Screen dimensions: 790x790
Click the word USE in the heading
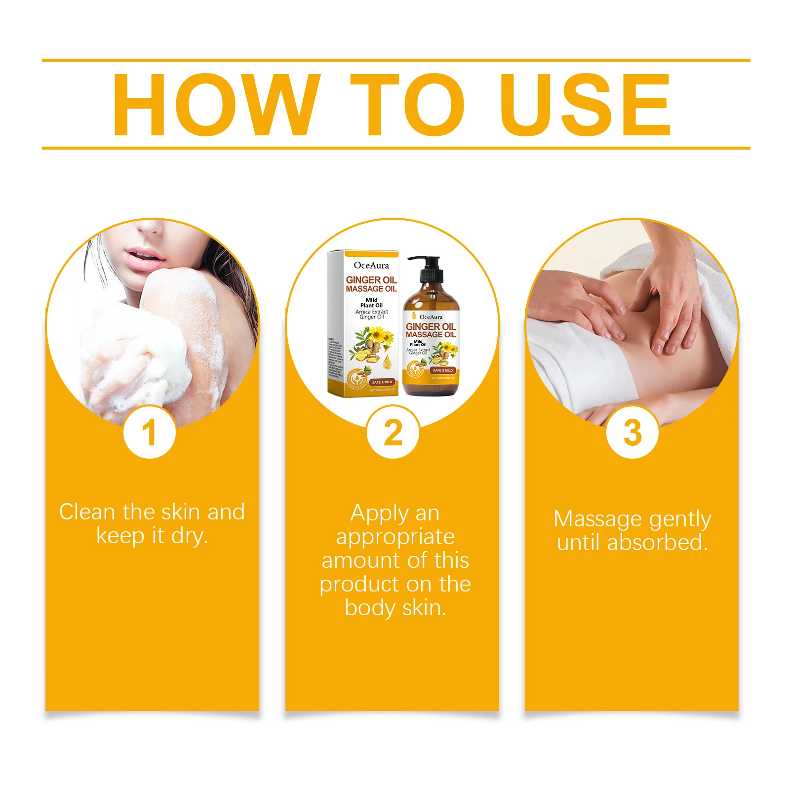tap(585, 105)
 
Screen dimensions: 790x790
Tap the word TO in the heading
tap(407, 105)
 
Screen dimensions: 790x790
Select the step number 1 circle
tap(150, 432)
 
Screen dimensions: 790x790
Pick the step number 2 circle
tap(393, 432)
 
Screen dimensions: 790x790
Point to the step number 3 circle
tap(632, 432)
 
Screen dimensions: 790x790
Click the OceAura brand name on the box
tap(371, 265)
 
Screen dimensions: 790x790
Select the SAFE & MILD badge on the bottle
tap(442, 370)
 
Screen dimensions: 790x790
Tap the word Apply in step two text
tap(379, 514)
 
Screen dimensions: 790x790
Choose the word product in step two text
tap(362, 585)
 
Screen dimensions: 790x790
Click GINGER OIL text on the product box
tap(371, 280)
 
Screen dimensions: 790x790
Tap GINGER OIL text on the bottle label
tap(431, 326)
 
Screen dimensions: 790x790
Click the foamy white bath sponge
tap(148, 346)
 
